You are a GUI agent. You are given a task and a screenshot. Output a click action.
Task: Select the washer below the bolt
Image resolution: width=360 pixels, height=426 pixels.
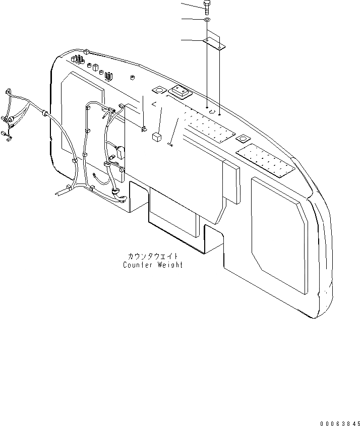208,20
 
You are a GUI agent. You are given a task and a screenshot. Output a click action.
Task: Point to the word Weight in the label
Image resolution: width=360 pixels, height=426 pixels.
170,265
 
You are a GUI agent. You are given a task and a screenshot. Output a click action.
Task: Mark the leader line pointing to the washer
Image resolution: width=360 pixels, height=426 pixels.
192,19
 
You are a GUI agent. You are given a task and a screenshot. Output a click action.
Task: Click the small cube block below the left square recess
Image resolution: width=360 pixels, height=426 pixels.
156,137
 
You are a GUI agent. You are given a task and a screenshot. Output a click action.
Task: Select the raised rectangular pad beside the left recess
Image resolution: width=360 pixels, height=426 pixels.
181,92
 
